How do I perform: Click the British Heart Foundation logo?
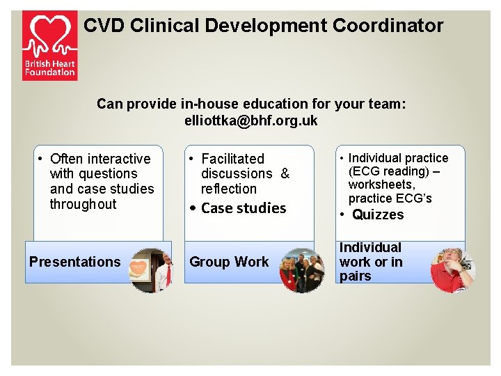[x=49, y=45]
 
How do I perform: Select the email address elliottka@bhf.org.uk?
[x=250, y=120]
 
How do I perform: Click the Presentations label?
[x=75, y=263]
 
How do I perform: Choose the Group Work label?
[x=229, y=263]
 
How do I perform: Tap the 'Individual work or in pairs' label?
[x=371, y=262]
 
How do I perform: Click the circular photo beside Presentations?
[x=150, y=270]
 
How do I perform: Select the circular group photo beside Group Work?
[x=301, y=270]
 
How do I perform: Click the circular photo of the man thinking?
[x=452, y=270]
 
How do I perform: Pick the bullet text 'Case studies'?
[x=244, y=208]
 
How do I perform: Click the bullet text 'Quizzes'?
[x=378, y=215]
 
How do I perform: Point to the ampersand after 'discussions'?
[x=285, y=174]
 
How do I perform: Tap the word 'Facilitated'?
[x=233, y=159]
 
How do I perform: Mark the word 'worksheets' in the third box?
[x=381, y=185]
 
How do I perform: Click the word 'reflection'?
[x=229, y=189]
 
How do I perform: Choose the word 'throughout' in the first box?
[x=83, y=204]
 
